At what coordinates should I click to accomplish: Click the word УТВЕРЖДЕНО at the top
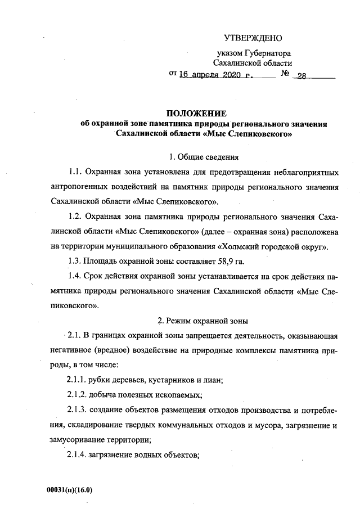coord(253,38)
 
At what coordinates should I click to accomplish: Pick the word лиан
coord(213,380)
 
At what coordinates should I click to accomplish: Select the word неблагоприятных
coord(302,170)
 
